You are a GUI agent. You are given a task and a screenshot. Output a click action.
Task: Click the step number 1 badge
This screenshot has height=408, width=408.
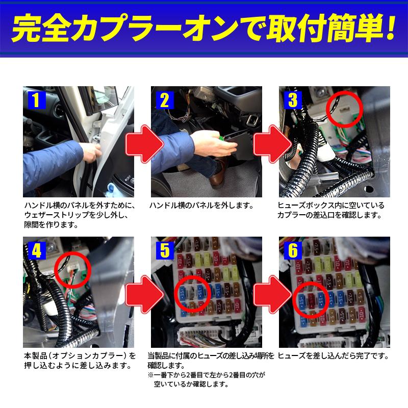point(35,99)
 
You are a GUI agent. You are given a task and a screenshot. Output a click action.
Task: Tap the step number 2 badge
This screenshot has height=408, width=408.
point(164,99)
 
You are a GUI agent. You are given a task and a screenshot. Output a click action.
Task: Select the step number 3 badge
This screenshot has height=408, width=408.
point(292,99)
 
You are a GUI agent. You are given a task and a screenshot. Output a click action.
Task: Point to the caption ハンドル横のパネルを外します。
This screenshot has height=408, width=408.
point(201,206)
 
